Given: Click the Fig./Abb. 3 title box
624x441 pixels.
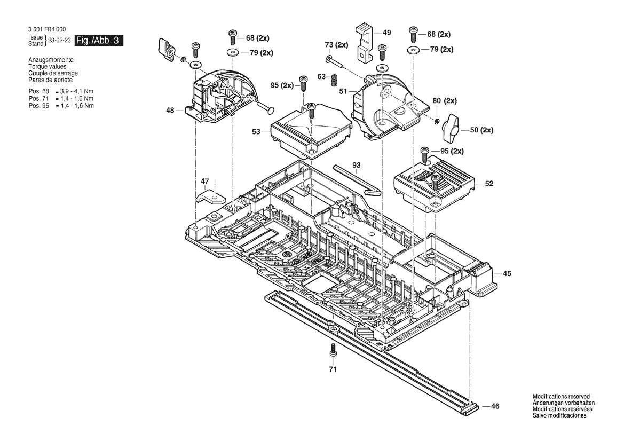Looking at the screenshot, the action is coord(98,41).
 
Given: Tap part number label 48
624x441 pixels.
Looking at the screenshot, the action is coord(170,110).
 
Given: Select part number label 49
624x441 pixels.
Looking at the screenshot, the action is coord(387,33).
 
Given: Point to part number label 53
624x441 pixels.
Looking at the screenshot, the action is coord(256,132).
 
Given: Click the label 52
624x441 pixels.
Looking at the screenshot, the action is coord(489,184).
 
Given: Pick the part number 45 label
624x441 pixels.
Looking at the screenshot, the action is coord(507,273).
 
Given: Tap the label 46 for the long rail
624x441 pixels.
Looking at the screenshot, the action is coord(495,406).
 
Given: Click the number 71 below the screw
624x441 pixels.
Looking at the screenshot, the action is coord(333,369).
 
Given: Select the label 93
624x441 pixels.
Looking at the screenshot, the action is coord(356,165).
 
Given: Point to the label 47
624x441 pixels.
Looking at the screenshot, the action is coord(205,182).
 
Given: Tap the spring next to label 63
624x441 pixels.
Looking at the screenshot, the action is coord(334,81).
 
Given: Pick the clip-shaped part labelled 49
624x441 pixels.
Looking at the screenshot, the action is coord(364,43).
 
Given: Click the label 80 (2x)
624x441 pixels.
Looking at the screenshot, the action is coord(445,101).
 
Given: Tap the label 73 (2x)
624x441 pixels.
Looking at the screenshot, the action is coord(336,45).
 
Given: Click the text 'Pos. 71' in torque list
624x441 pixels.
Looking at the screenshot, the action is coord(38,99).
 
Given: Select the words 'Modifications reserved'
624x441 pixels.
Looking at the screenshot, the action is coord(561,397).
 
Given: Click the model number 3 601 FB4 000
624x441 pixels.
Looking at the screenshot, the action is coord(47,29).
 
